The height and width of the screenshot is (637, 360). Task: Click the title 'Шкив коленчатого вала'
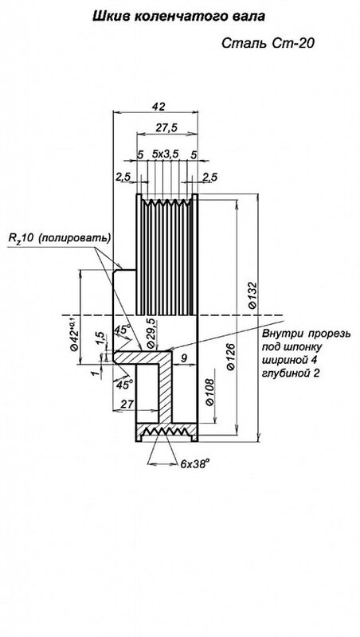tap(179, 17)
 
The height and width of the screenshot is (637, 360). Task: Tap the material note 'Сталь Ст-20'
tap(268, 44)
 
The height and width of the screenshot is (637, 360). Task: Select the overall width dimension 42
tap(158, 107)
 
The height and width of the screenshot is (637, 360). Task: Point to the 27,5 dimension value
tap(166, 127)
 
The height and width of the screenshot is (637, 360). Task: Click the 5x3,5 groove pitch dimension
tap(166, 154)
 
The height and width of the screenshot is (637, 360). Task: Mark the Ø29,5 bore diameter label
tap(151, 333)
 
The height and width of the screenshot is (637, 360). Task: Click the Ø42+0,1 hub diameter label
tap(74, 332)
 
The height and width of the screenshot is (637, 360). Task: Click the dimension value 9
tap(184, 358)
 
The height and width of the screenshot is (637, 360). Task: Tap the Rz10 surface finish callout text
tap(60, 237)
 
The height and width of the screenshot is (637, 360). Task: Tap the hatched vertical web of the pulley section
tap(165, 388)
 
